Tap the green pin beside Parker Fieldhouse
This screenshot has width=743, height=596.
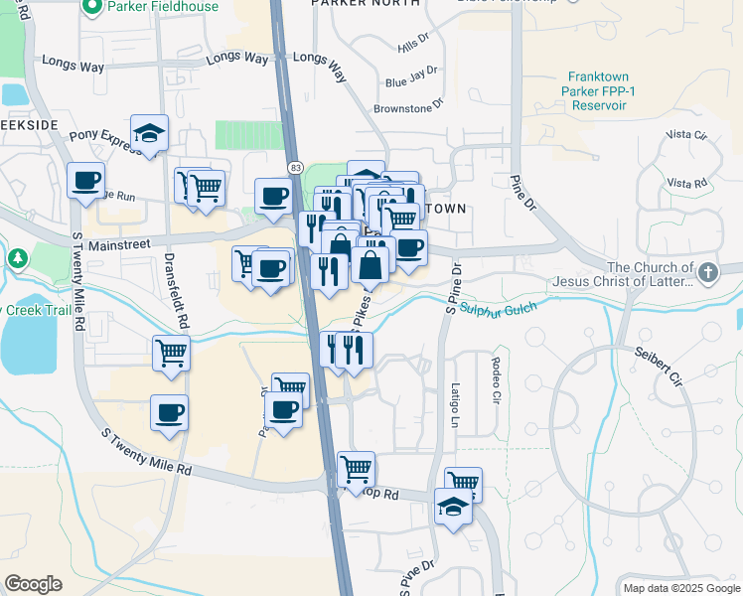click(92, 7)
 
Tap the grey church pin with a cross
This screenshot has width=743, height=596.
click(706, 270)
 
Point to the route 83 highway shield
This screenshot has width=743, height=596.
click(296, 169)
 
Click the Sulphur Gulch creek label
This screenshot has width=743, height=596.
click(498, 310)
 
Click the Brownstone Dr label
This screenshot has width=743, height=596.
click(408, 107)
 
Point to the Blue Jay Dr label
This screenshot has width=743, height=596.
click(411, 76)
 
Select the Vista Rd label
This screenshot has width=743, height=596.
click(686, 184)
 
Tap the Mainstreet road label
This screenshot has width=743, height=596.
click(118, 243)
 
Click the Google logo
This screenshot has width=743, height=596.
click(34, 584)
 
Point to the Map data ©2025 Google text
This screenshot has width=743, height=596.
click(679, 588)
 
